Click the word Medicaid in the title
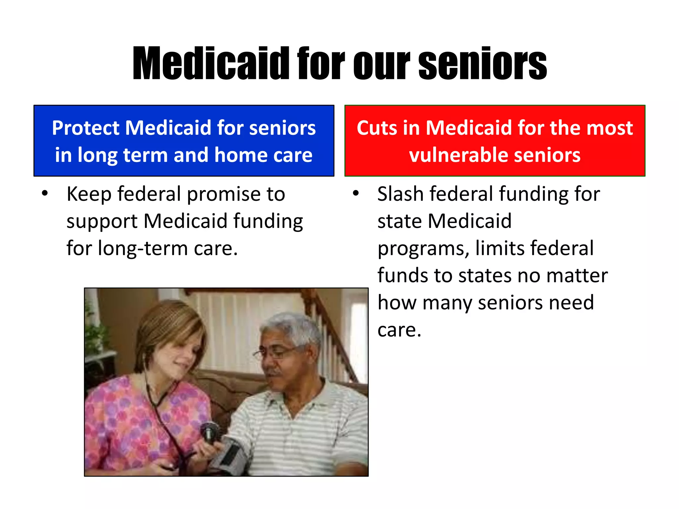tap(211, 64)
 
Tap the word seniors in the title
tap(482, 64)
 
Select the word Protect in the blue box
tap(87, 128)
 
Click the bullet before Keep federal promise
tap(45, 193)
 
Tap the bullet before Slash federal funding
tap(356, 193)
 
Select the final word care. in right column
tap(399, 330)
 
